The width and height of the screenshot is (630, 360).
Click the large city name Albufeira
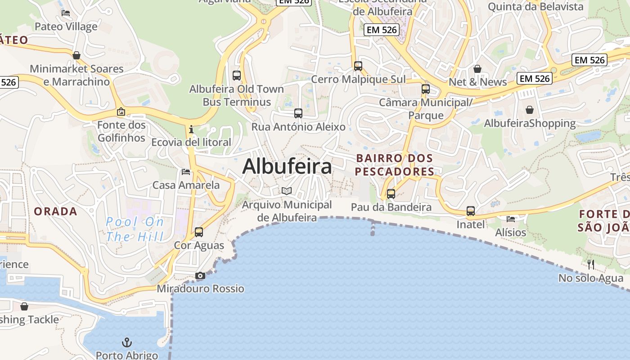287,166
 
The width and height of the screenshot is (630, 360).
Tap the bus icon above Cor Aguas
199,232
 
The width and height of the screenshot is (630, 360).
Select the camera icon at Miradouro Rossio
200,275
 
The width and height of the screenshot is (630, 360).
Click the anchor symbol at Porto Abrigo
127,343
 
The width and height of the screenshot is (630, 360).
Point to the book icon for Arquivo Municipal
287,191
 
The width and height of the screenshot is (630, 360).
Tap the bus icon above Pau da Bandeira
391,194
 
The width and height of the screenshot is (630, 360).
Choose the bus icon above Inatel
471,211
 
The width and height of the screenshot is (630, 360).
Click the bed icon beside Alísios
511,219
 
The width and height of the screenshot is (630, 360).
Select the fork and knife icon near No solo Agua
591,264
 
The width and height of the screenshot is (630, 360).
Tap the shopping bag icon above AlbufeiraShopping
530,110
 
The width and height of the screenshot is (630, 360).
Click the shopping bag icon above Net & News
477,69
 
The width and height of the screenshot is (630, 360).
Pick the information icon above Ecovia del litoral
191,129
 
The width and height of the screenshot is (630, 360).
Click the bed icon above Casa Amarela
186,171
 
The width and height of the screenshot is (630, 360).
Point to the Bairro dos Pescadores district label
394,165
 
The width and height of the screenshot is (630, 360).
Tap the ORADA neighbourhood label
55,211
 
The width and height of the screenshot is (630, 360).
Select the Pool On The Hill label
135,229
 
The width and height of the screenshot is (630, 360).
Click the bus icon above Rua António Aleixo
298,113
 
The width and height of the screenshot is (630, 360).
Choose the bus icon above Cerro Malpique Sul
358,66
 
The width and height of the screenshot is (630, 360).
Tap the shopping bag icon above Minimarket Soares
76,55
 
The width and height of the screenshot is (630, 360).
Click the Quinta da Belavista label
535,6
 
